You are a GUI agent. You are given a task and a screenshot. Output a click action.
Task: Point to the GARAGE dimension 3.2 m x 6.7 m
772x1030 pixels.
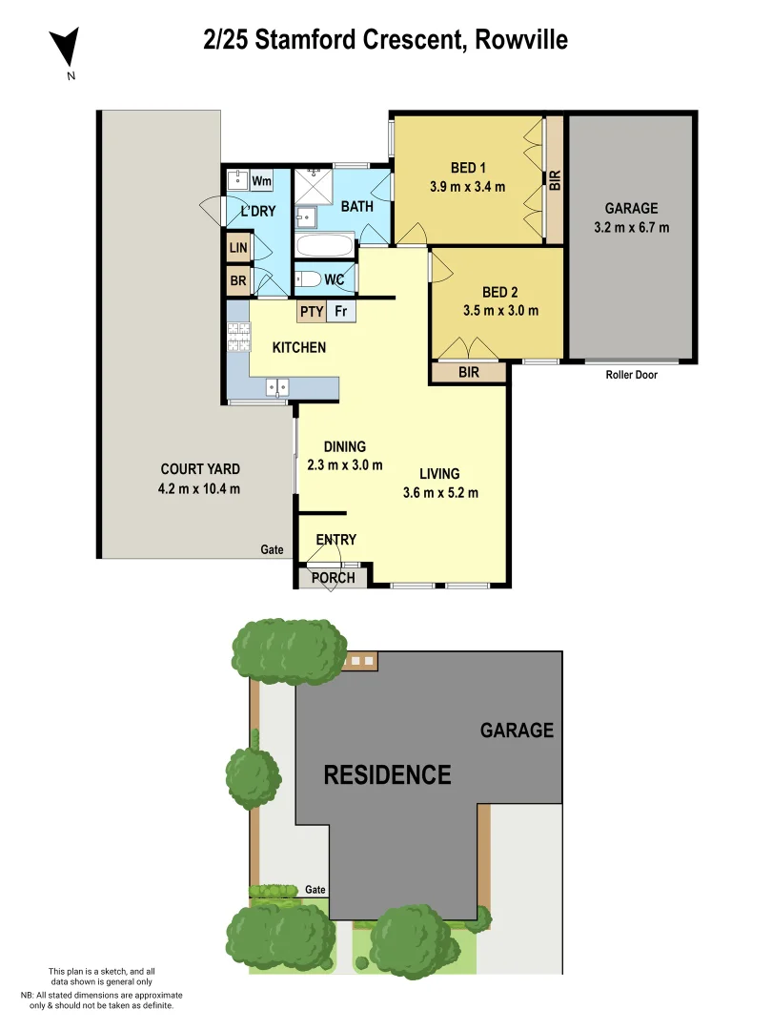click(x=630, y=227)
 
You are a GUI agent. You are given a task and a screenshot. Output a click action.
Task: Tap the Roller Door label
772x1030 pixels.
click(x=631, y=375)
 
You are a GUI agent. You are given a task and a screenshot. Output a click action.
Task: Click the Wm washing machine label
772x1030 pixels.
click(x=261, y=180)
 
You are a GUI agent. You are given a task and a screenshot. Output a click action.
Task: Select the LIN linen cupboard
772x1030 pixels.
click(x=237, y=249)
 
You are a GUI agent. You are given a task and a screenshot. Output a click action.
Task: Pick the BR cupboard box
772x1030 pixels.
click(x=237, y=281)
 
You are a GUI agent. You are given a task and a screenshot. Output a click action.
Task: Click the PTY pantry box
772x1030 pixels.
click(x=311, y=311)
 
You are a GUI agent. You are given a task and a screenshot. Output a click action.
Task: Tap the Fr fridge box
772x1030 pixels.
click(x=340, y=311)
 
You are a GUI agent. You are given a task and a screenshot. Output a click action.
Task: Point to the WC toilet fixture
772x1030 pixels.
click(x=310, y=279)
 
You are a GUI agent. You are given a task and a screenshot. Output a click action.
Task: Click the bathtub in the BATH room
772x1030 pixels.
click(x=325, y=246)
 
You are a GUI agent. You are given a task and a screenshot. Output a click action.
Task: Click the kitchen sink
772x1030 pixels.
click(x=277, y=386)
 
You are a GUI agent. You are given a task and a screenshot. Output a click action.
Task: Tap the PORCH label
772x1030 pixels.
click(x=333, y=578)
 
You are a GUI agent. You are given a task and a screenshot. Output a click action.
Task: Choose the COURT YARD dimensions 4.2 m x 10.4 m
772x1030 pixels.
click(x=199, y=489)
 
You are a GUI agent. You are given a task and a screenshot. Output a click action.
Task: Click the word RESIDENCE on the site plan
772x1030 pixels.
click(x=387, y=774)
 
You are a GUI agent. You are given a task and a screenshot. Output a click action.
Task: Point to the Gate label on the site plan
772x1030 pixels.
click(x=315, y=890)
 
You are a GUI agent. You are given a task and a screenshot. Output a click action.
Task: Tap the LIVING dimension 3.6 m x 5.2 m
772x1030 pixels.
click(x=439, y=493)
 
